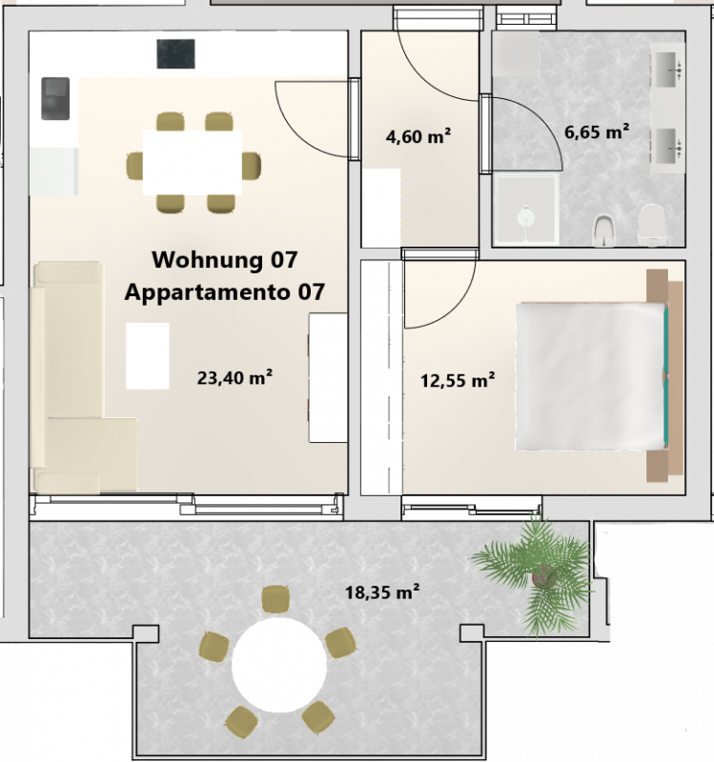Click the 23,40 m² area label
coord(235,377)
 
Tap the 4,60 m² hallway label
coord(418,136)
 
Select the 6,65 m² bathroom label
coord(597,131)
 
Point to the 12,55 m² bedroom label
coord(458,380)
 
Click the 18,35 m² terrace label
coord(382,592)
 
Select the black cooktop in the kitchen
coord(175,54)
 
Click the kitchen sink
coord(55,99)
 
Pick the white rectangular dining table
coord(193,162)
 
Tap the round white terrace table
coord(278,664)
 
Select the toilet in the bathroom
coord(652,224)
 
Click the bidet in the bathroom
coord(604,230)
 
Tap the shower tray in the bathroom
coord(526,210)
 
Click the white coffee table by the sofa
coord(148,355)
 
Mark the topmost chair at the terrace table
coord(275,599)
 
